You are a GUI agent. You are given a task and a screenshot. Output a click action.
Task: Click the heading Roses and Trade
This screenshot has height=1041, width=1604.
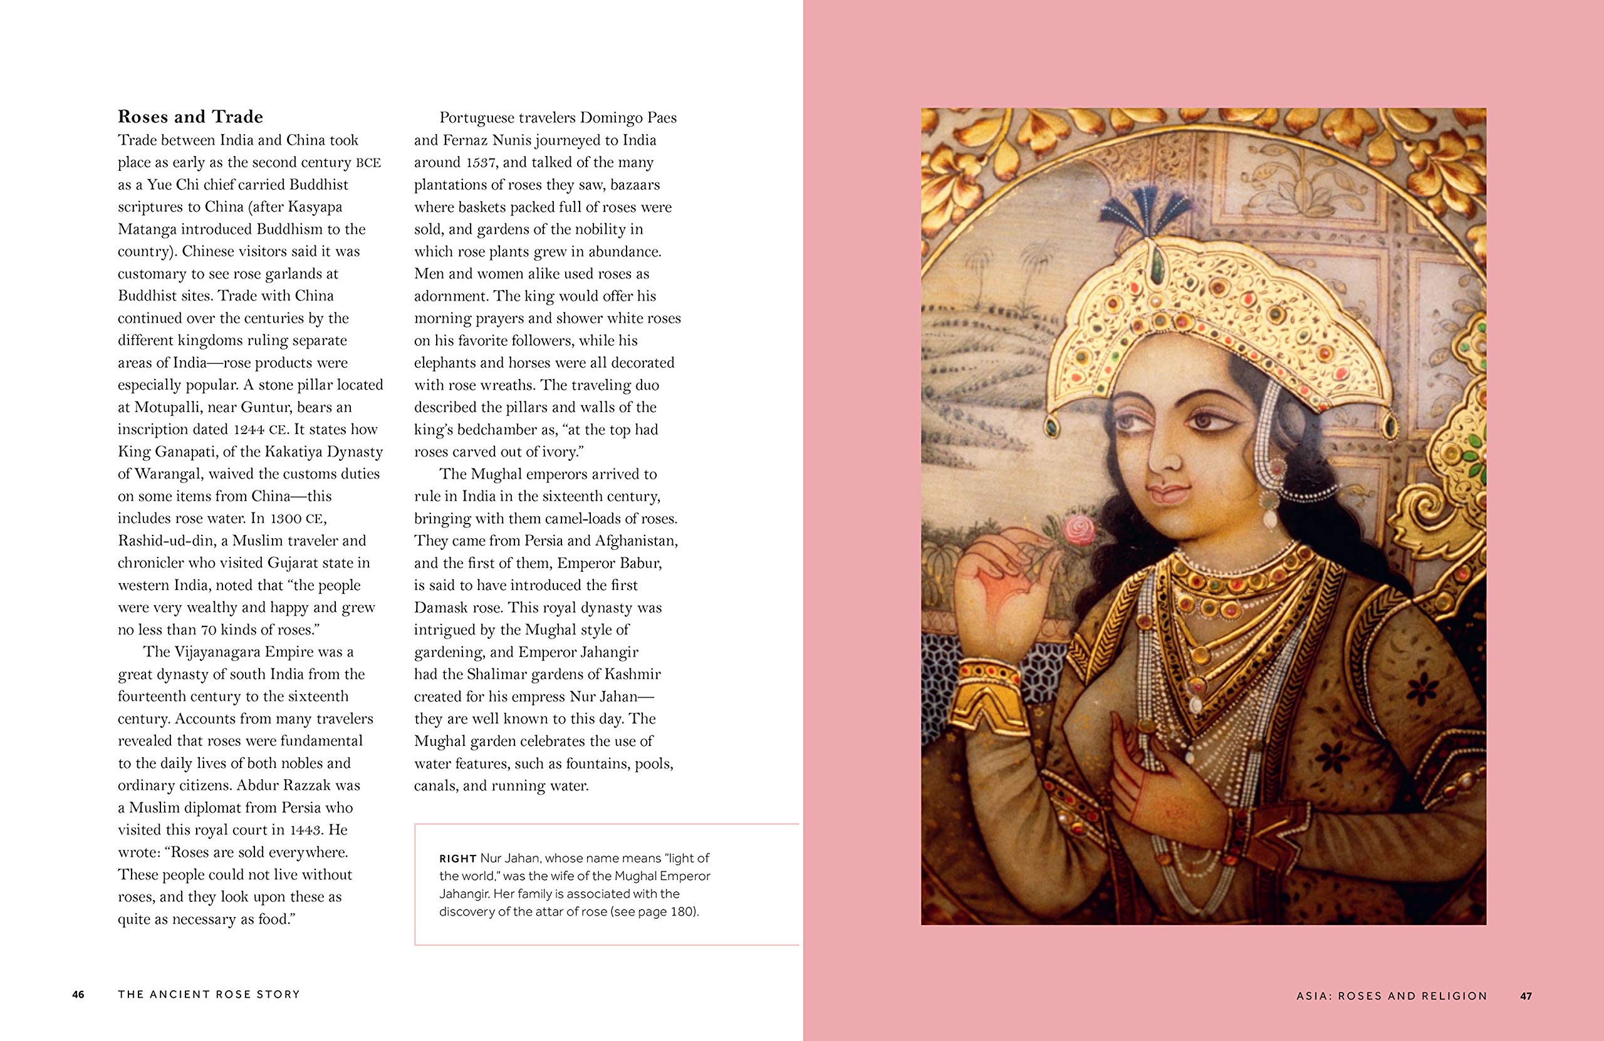point(190,117)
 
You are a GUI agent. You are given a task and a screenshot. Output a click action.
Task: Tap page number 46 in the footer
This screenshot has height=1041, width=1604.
point(78,995)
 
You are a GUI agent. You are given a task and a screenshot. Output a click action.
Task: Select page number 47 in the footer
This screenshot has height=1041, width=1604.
point(1526,995)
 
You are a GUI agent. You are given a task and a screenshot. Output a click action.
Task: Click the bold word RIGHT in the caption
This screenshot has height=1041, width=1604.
point(458,858)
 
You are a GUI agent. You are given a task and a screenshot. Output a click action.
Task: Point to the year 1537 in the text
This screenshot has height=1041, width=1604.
point(481,162)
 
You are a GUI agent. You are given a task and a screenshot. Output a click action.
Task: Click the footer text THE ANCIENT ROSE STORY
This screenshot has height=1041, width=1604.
point(209,995)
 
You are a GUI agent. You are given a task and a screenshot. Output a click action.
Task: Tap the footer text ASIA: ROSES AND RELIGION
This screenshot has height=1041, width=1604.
point(1392,995)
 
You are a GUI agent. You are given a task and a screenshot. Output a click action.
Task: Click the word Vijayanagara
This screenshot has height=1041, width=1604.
point(216,652)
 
